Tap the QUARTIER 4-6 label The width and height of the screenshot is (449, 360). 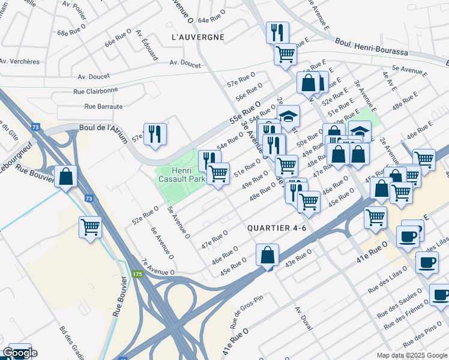[277, 227]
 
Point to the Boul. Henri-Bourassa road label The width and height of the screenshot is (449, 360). [373, 49]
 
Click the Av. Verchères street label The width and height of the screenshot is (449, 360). [19, 62]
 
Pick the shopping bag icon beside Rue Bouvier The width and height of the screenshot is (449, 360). [66, 176]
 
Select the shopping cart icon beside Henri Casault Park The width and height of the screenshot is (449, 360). [218, 173]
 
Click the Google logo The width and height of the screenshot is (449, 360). [19, 353]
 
